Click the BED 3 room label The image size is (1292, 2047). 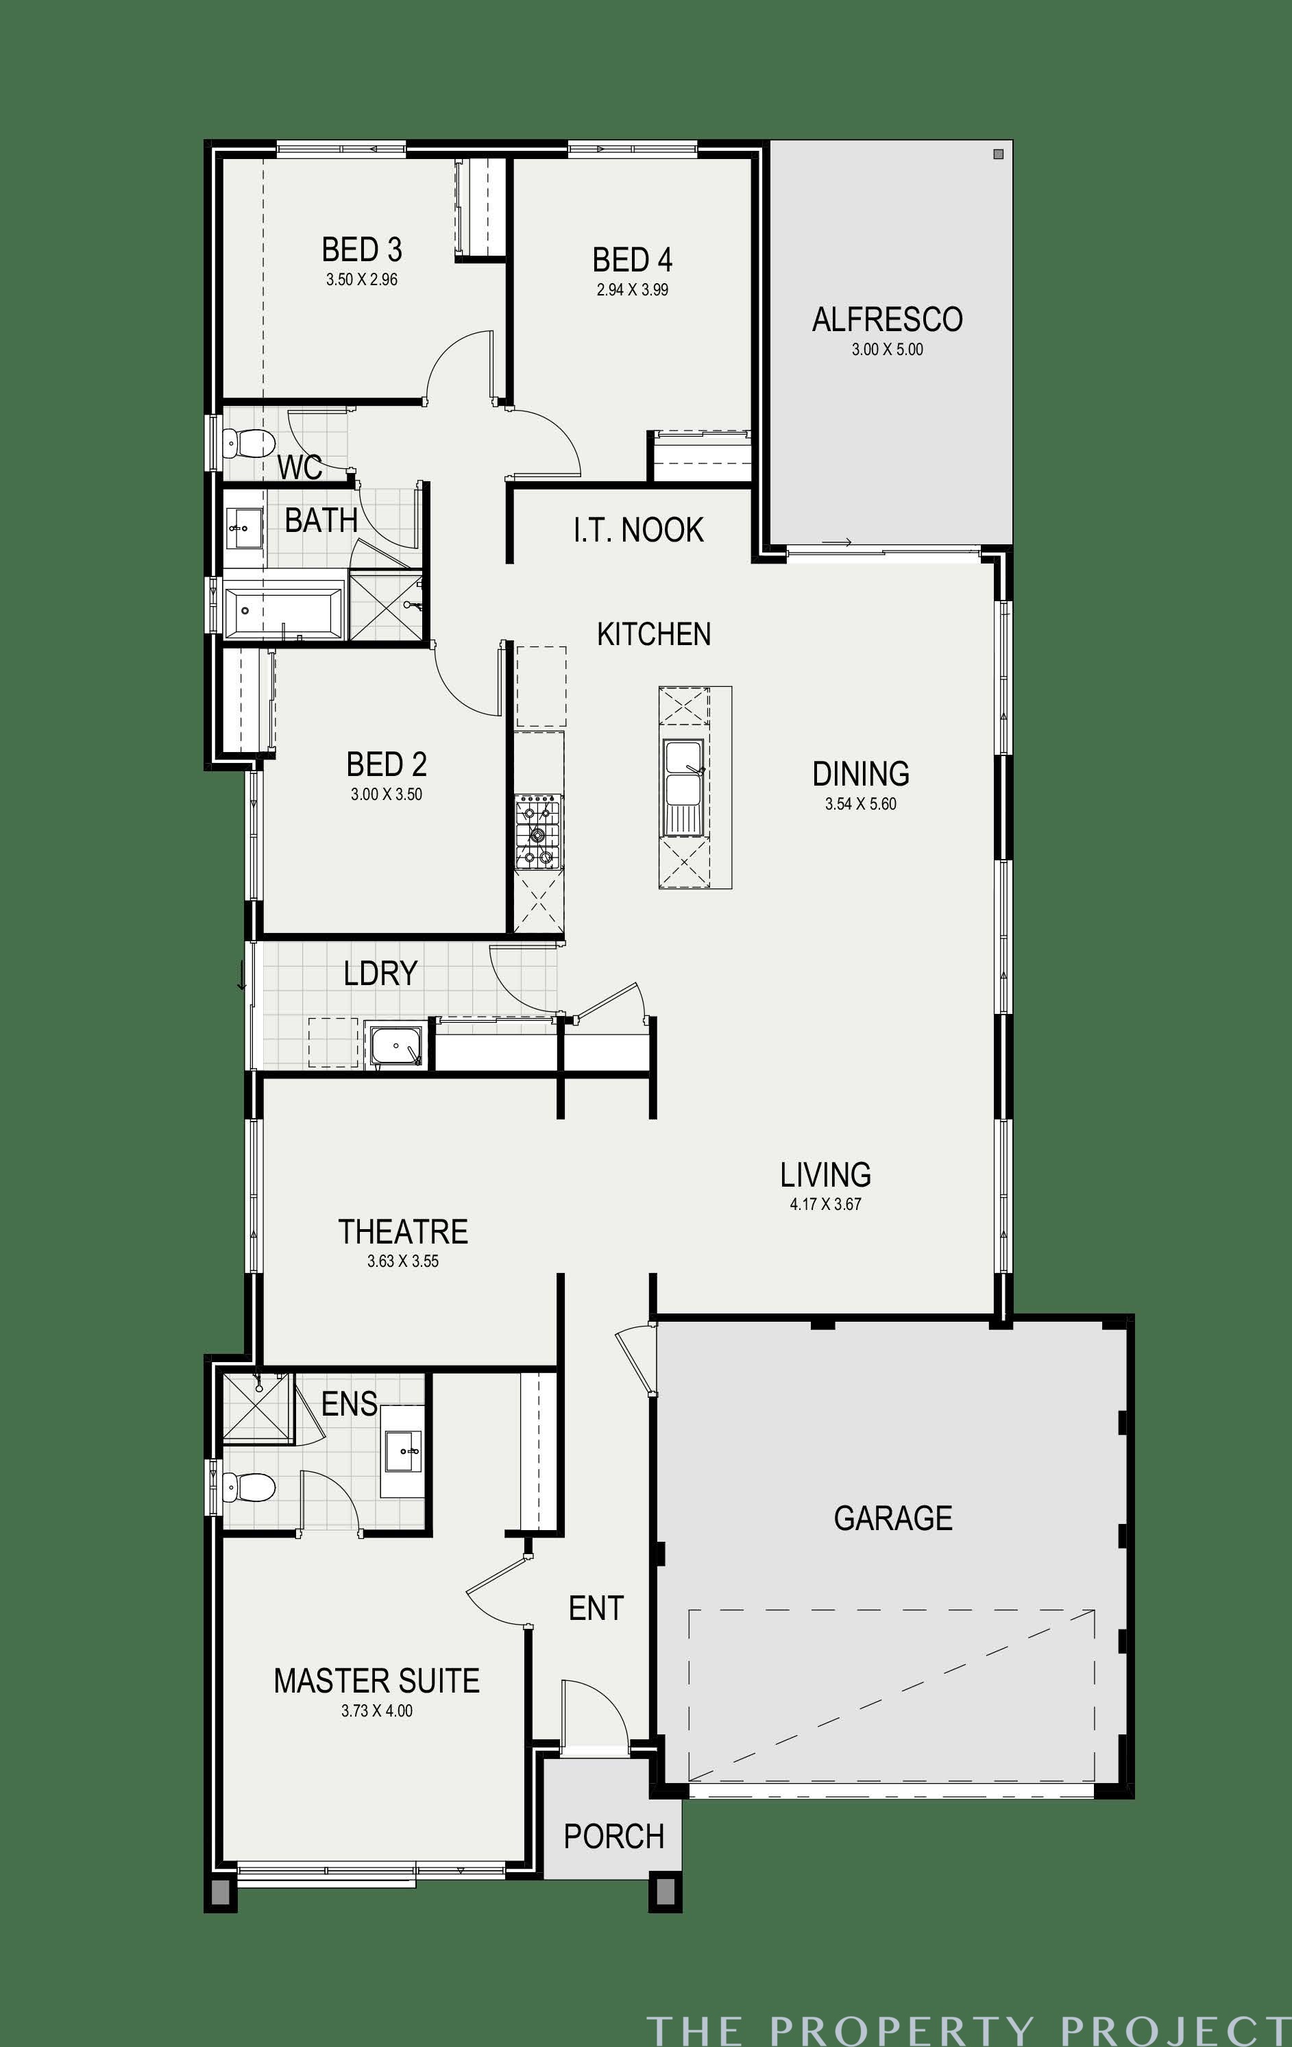click(x=361, y=250)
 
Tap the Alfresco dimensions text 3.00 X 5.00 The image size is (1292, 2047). click(x=888, y=350)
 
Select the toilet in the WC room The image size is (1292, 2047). click(x=248, y=442)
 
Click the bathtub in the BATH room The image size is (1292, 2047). click(x=284, y=609)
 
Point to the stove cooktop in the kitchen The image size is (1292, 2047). click(x=538, y=832)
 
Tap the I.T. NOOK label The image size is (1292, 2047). click(x=638, y=530)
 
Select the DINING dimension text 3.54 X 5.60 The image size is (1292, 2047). click(x=860, y=804)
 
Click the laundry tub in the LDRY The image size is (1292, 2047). click(x=395, y=1045)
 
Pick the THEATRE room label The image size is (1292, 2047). click(x=403, y=1232)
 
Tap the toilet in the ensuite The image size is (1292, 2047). click(x=248, y=1488)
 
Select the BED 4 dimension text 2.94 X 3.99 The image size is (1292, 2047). click(x=633, y=290)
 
